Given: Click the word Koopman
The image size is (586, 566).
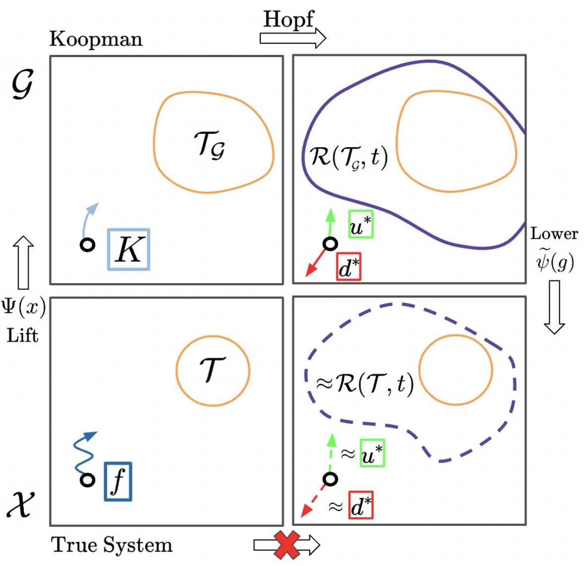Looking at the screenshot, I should click(96, 39).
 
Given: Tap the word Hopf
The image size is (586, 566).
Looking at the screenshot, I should click(289, 19).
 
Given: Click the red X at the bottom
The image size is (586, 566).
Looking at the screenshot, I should click(286, 545).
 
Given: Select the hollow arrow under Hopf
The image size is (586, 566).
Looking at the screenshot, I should click(293, 38).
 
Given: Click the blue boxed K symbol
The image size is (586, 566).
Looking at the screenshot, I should click(129, 249).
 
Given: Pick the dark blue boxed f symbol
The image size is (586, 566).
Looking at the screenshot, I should click(118, 481).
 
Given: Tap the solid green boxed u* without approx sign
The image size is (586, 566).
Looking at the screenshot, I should click(360, 225).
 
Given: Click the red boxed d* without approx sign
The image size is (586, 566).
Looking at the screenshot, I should click(349, 267).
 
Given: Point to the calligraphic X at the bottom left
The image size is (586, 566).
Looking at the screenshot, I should click(21, 504).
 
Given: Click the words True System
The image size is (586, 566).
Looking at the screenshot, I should click(112, 545).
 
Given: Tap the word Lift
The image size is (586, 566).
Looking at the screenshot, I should click(22, 336).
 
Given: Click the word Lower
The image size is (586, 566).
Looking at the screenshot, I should click(554, 233).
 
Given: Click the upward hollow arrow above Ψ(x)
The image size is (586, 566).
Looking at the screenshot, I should click(23, 262).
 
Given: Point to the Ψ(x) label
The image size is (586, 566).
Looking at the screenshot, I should click(23, 307).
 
